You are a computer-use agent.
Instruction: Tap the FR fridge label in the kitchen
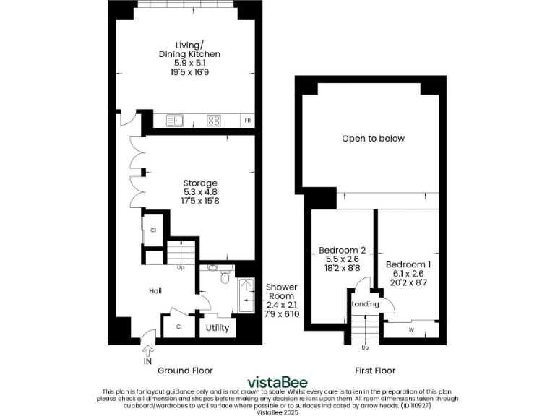pos(247,121)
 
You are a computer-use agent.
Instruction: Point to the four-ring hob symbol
pos(214,121)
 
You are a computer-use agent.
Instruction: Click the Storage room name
pos(200,183)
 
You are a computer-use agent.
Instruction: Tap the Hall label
pos(155,291)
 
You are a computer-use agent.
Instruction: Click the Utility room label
pos(218,328)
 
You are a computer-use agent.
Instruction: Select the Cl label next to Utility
pos(180,327)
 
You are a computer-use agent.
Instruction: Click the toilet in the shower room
pos(225,277)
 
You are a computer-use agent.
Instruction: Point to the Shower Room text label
pos(281,292)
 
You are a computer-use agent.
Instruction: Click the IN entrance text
pos(148,362)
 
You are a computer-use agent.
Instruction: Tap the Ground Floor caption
pos(185,370)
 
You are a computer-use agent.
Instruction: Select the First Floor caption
pos(375,370)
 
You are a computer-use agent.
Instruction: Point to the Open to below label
pos(373,139)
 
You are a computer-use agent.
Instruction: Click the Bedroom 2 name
pos(342,251)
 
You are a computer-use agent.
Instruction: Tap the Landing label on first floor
pos(365,304)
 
